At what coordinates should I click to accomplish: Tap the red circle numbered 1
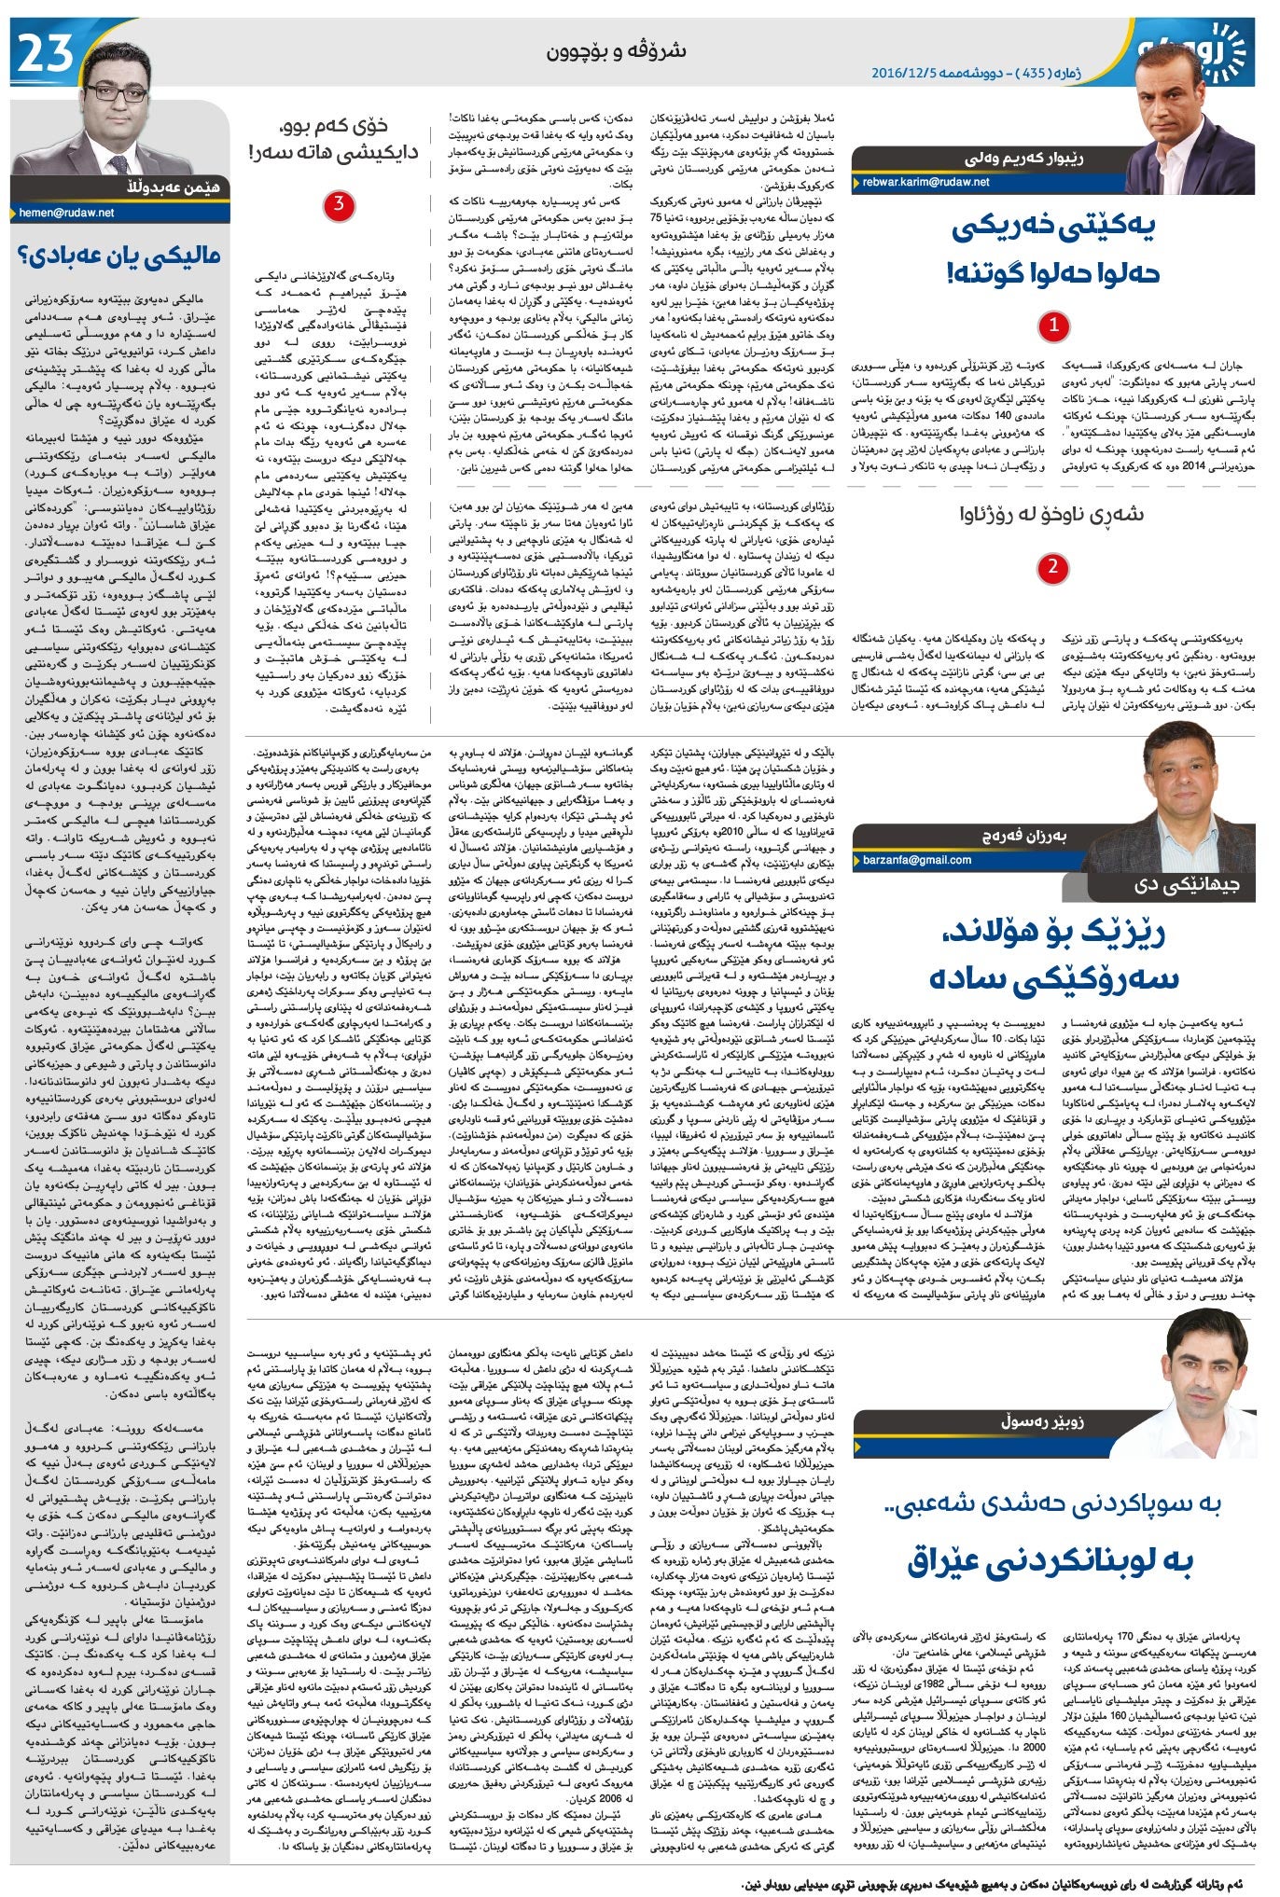coord(1053,326)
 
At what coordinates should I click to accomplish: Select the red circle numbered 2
coord(1052,567)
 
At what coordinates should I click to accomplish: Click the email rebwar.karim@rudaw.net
coord(925,183)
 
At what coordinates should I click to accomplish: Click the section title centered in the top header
coord(617,51)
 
